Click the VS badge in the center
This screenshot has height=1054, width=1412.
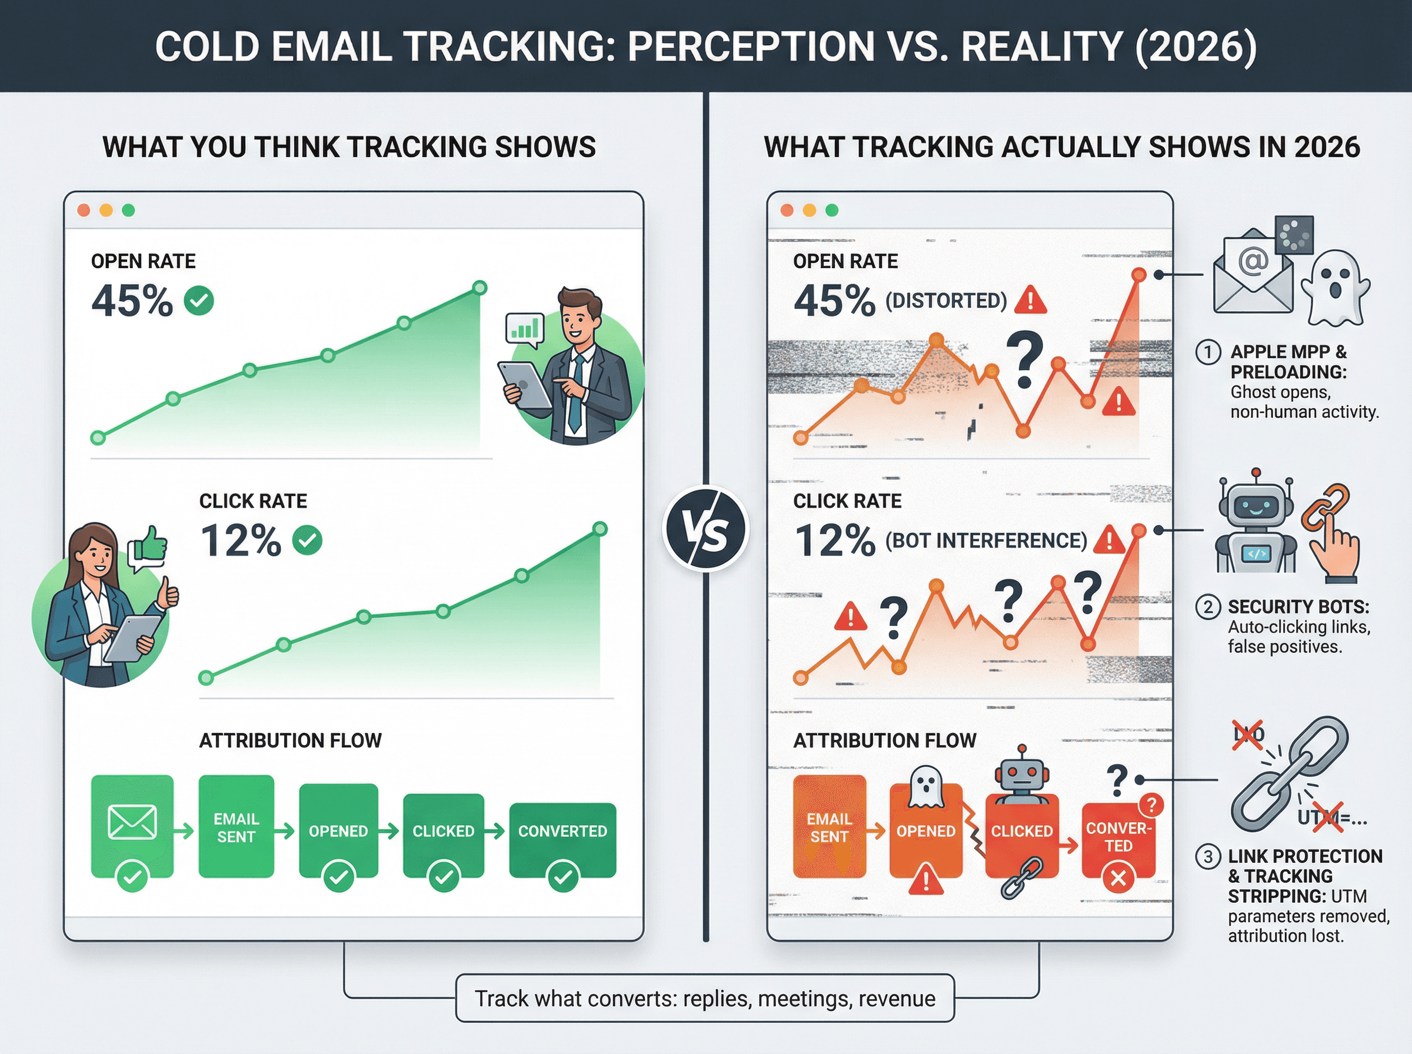[x=705, y=529]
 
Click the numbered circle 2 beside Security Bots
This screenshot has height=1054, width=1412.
[x=1207, y=606]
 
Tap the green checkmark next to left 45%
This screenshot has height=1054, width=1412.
[x=199, y=301]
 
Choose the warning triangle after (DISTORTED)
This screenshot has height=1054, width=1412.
[x=1030, y=299]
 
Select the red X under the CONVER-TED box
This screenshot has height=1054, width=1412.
[x=1118, y=879]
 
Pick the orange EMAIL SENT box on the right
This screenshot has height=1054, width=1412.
[x=829, y=827]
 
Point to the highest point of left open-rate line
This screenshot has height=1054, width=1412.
[x=480, y=288]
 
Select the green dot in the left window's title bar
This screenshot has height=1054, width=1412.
[x=128, y=211]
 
